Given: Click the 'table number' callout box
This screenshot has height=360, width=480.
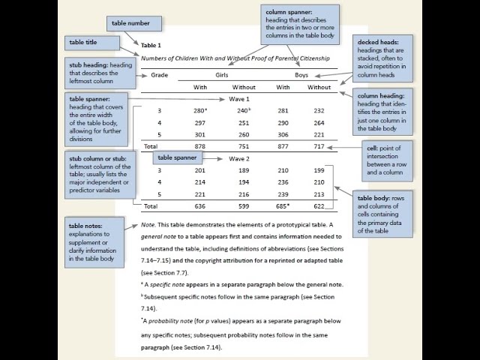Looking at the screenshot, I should click(x=130, y=24).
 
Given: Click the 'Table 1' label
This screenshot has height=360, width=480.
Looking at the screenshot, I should click(x=151, y=46).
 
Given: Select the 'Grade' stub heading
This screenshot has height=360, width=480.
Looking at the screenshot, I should click(x=159, y=75).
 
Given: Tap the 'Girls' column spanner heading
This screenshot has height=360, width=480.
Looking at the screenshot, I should click(x=222, y=75).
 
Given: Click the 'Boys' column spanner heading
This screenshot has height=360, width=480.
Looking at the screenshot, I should click(x=301, y=75).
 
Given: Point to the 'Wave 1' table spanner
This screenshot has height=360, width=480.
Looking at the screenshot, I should click(x=239, y=99).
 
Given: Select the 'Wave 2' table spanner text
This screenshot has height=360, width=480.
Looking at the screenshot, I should click(x=239, y=158).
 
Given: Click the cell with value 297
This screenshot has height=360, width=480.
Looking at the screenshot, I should click(x=199, y=122).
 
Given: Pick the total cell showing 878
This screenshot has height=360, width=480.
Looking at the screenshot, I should click(x=199, y=146).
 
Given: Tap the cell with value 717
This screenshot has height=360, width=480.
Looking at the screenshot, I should click(x=319, y=146).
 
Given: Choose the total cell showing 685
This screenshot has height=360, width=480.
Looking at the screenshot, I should click(x=282, y=205).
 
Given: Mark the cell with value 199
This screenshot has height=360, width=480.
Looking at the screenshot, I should click(x=319, y=170).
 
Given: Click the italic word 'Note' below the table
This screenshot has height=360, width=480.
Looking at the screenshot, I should click(x=148, y=225).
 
